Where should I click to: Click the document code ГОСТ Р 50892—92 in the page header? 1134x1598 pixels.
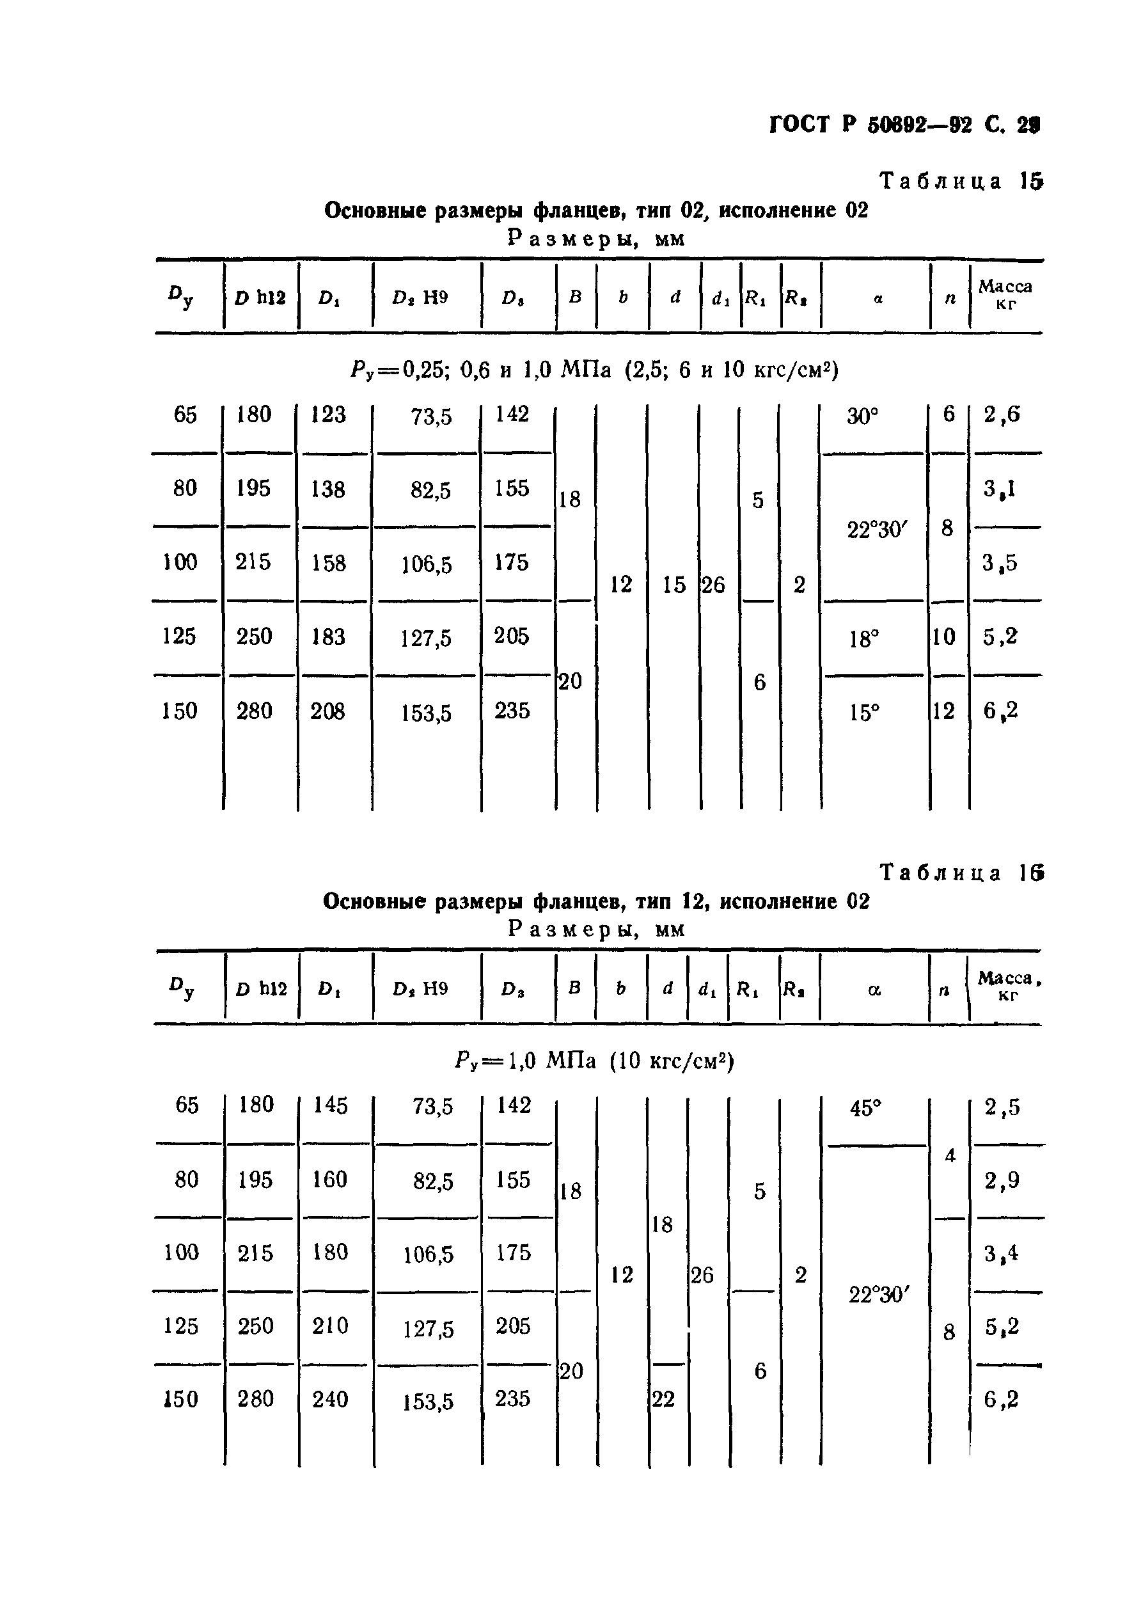pyautogui.click(x=870, y=125)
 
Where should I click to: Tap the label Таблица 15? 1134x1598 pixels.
pyautogui.click(x=961, y=181)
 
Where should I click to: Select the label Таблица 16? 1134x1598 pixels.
pyautogui.click(x=961, y=873)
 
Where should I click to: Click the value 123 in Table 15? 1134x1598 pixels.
pyautogui.click(x=328, y=415)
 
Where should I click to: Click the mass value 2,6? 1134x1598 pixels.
pyautogui.click(x=1002, y=415)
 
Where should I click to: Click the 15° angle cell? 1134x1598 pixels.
pyautogui.click(x=863, y=713)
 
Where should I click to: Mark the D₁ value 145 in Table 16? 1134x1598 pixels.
pyautogui.click(x=330, y=1105)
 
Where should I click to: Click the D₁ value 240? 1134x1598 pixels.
pyautogui.click(x=330, y=1399)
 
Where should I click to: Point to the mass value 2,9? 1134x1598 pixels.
pyautogui.click(x=1002, y=1181)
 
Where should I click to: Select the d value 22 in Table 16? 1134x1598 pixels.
pyautogui.click(x=663, y=1399)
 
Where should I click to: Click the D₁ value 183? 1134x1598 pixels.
pyautogui.click(x=328, y=637)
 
